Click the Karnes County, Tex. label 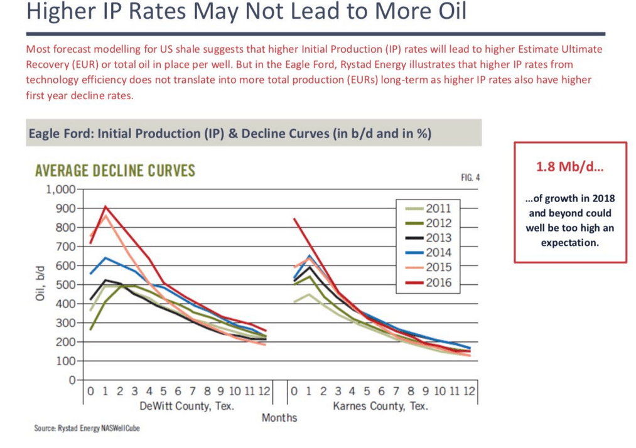coord(380,406)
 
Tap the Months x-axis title coord(279,417)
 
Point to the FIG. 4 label coord(470,178)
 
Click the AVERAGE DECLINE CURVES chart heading coord(115,170)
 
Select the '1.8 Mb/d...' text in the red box coord(569,168)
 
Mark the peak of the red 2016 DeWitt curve coord(105,206)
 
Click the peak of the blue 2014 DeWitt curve coord(105,258)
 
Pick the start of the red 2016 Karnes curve coord(294,219)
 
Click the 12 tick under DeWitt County coord(264,391)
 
